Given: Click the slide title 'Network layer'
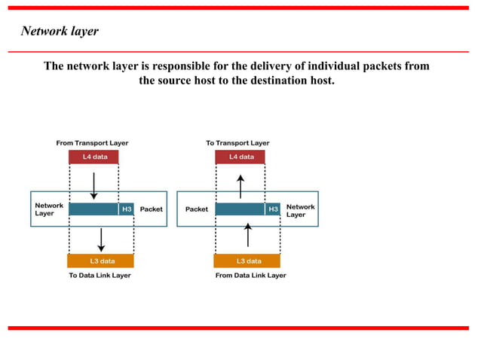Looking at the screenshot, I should (x=60, y=32).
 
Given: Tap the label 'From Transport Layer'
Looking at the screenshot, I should (x=92, y=142).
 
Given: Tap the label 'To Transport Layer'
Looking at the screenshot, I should (x=237, y=142).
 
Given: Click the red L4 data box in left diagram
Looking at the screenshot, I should (x=93, y=157).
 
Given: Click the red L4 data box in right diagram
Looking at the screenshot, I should (x=240, y=157).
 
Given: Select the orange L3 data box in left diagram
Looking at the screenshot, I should (x=101, y=261).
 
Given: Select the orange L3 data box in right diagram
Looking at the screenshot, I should (x=248, y=261).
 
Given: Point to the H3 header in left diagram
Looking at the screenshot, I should (x=127, y=209).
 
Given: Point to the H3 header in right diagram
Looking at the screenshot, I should (x=273, y=209).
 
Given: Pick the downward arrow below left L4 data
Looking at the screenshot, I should (x=93, y=185).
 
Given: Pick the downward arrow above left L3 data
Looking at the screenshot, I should (x=101, y=239).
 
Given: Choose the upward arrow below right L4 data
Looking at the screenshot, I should (x=240, y=186).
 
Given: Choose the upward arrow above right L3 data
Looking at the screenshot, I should (x=248, y=236).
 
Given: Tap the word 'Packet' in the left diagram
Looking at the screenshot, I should (x=151, y=209).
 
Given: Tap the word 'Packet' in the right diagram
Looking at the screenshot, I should (x=197, y=209).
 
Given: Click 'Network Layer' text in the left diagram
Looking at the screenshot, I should (x=49, y=209).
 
